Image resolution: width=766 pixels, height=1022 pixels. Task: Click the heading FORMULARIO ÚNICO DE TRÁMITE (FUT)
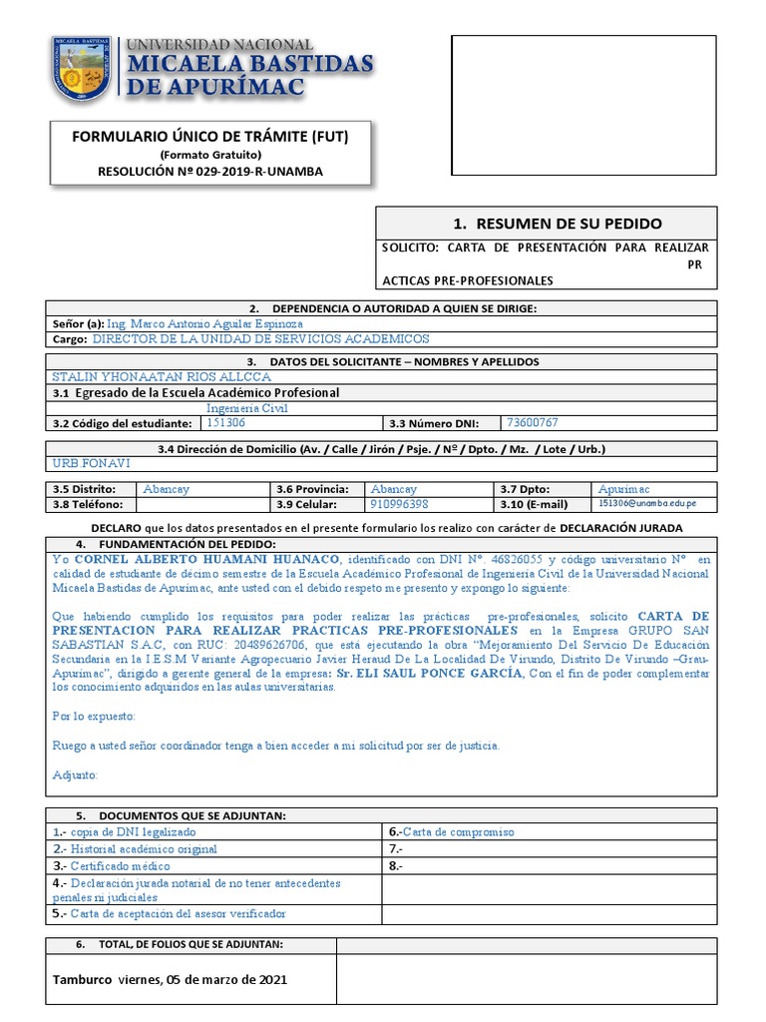click(x=210, y=135)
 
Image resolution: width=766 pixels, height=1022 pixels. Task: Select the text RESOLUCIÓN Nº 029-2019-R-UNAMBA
click(x=210, y=171)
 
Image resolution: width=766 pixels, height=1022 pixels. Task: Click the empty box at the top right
click(x=583, y=105)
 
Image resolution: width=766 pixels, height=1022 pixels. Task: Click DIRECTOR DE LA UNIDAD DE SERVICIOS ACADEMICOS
click(x=260, y=339)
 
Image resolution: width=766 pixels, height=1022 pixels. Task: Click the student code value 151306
click(x=225, y=422)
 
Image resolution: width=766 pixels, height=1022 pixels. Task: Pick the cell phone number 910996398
click(x=400, y=504)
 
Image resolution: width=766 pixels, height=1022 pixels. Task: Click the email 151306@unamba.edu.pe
click(x=647, y=504)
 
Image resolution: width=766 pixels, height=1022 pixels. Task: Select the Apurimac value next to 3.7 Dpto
click(x=623, y=489)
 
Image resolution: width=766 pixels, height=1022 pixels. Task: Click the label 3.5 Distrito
click(x=84, y=489)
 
